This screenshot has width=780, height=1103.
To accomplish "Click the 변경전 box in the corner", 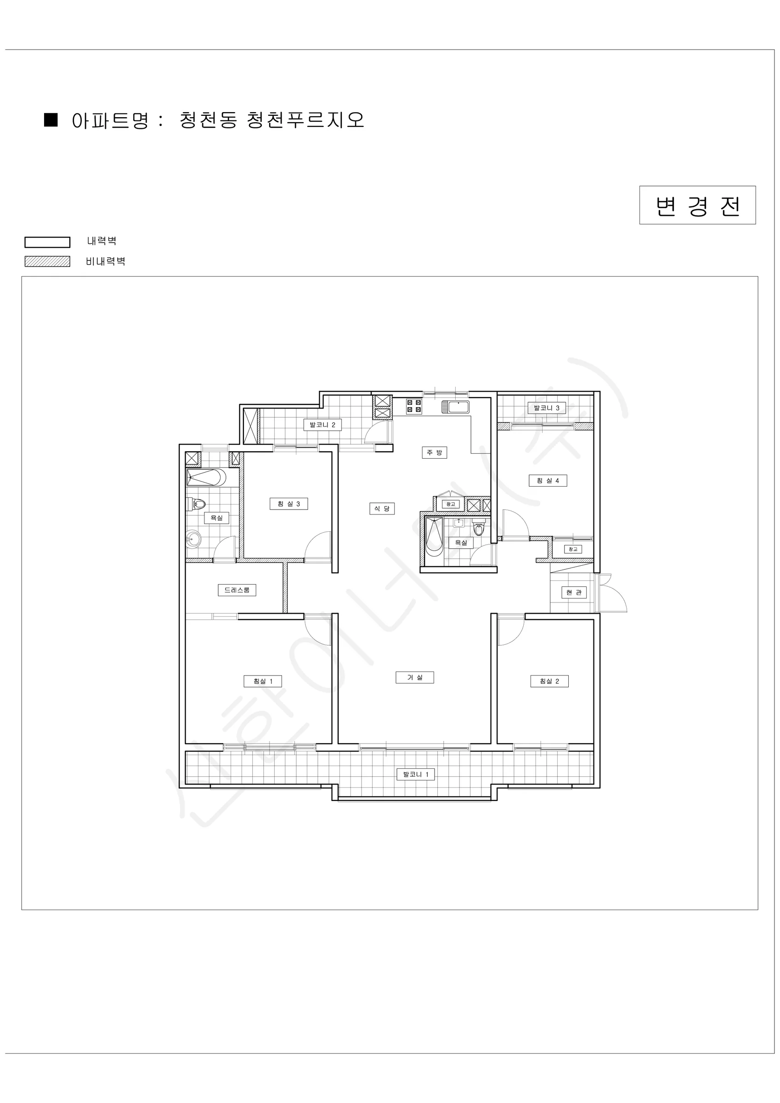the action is (x=697, y=205).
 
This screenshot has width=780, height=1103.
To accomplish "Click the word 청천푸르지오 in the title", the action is (x=305, y=120).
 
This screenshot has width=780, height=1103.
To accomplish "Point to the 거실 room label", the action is (x=414, y=677).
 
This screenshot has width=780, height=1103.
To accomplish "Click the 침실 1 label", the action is (x=263, y=681).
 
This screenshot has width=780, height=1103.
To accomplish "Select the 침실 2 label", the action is (x=549, y=681).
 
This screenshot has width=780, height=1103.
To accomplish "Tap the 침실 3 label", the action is (x=288, y=504).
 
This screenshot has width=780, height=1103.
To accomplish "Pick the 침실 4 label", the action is (x=548, y=480).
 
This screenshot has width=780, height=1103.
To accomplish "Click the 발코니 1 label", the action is (x=415, y=774).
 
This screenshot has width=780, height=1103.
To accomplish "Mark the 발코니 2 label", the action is (x=322, y=425).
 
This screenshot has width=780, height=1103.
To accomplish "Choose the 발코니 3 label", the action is (x=547, y=408).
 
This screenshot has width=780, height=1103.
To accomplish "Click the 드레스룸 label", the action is (x=237, y=590).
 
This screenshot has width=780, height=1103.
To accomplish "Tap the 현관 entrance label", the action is (x=574, y=592).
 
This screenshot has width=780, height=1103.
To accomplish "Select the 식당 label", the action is (x=382, y=508).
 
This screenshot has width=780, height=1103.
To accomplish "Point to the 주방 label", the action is (x=435, y=453).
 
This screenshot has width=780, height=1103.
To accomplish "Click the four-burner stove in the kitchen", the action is (x=414, y=406).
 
